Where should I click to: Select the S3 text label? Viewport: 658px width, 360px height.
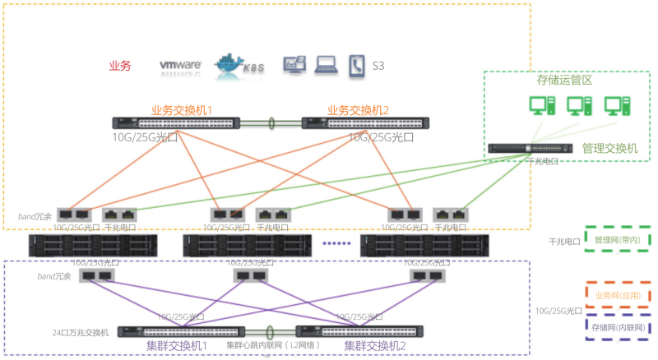(379, 65)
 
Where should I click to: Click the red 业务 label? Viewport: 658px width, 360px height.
(120, 66)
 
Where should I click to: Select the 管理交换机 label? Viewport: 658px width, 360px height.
(609, 149)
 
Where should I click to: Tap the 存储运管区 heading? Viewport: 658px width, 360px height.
(565, 81)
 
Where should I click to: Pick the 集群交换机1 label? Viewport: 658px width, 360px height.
(177, 346)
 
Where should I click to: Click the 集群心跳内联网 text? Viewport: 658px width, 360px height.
(262, 345)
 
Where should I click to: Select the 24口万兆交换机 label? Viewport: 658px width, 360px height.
(79, 332)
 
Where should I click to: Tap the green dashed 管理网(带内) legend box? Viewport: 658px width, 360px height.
(618, 238)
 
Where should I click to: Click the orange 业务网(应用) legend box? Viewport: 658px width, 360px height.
(618, 294)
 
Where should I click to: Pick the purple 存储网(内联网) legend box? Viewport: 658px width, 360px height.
(618, 327)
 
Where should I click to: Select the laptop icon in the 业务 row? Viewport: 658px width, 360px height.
(327, 64)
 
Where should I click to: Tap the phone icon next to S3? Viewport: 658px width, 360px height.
(356, 64)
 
